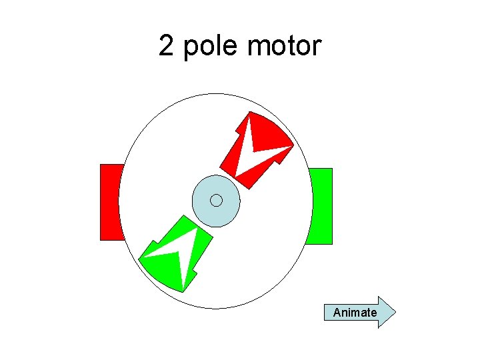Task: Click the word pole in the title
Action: pos(211,47)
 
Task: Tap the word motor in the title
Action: pos(284,47)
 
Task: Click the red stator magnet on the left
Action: pos(111,201)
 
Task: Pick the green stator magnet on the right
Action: pos(321,206)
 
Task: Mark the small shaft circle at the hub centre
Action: pos(216,200)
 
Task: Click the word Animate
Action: pos(355,313)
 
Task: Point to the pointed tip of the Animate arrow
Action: pos(395,312)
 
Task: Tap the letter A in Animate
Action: pos(337,313)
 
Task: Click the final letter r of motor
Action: pos(316,47)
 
